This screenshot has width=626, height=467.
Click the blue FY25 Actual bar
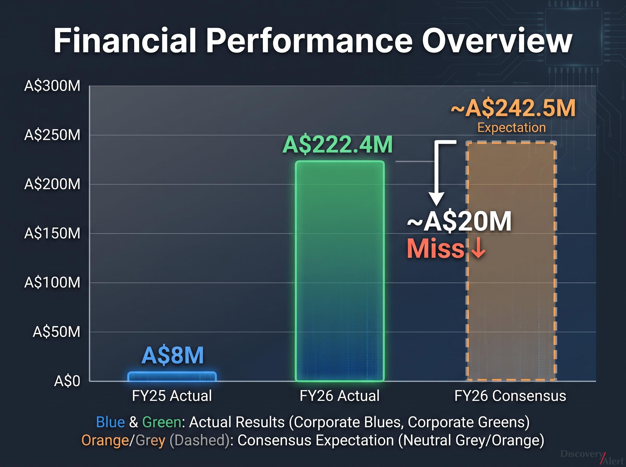(x=172, y=377)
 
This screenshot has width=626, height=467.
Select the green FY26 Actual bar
(x=340, y=271)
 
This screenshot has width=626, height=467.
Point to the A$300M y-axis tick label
(x=52, y=86)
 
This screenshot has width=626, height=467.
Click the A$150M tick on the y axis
(x=52, y=233)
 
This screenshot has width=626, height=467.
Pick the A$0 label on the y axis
(x=67, y=381)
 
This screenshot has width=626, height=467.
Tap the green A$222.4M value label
(x=338, y=145)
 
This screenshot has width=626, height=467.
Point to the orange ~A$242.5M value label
(x=513, y=108)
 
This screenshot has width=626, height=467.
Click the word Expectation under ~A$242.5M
(x=512, y=127)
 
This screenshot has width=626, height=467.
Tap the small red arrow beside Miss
(x=478, y=248)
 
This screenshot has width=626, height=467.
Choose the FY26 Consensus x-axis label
(x=510, y=396)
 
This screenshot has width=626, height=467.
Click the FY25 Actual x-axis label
(x=172, y=396)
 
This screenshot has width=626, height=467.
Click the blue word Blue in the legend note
(x=110, y=422)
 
